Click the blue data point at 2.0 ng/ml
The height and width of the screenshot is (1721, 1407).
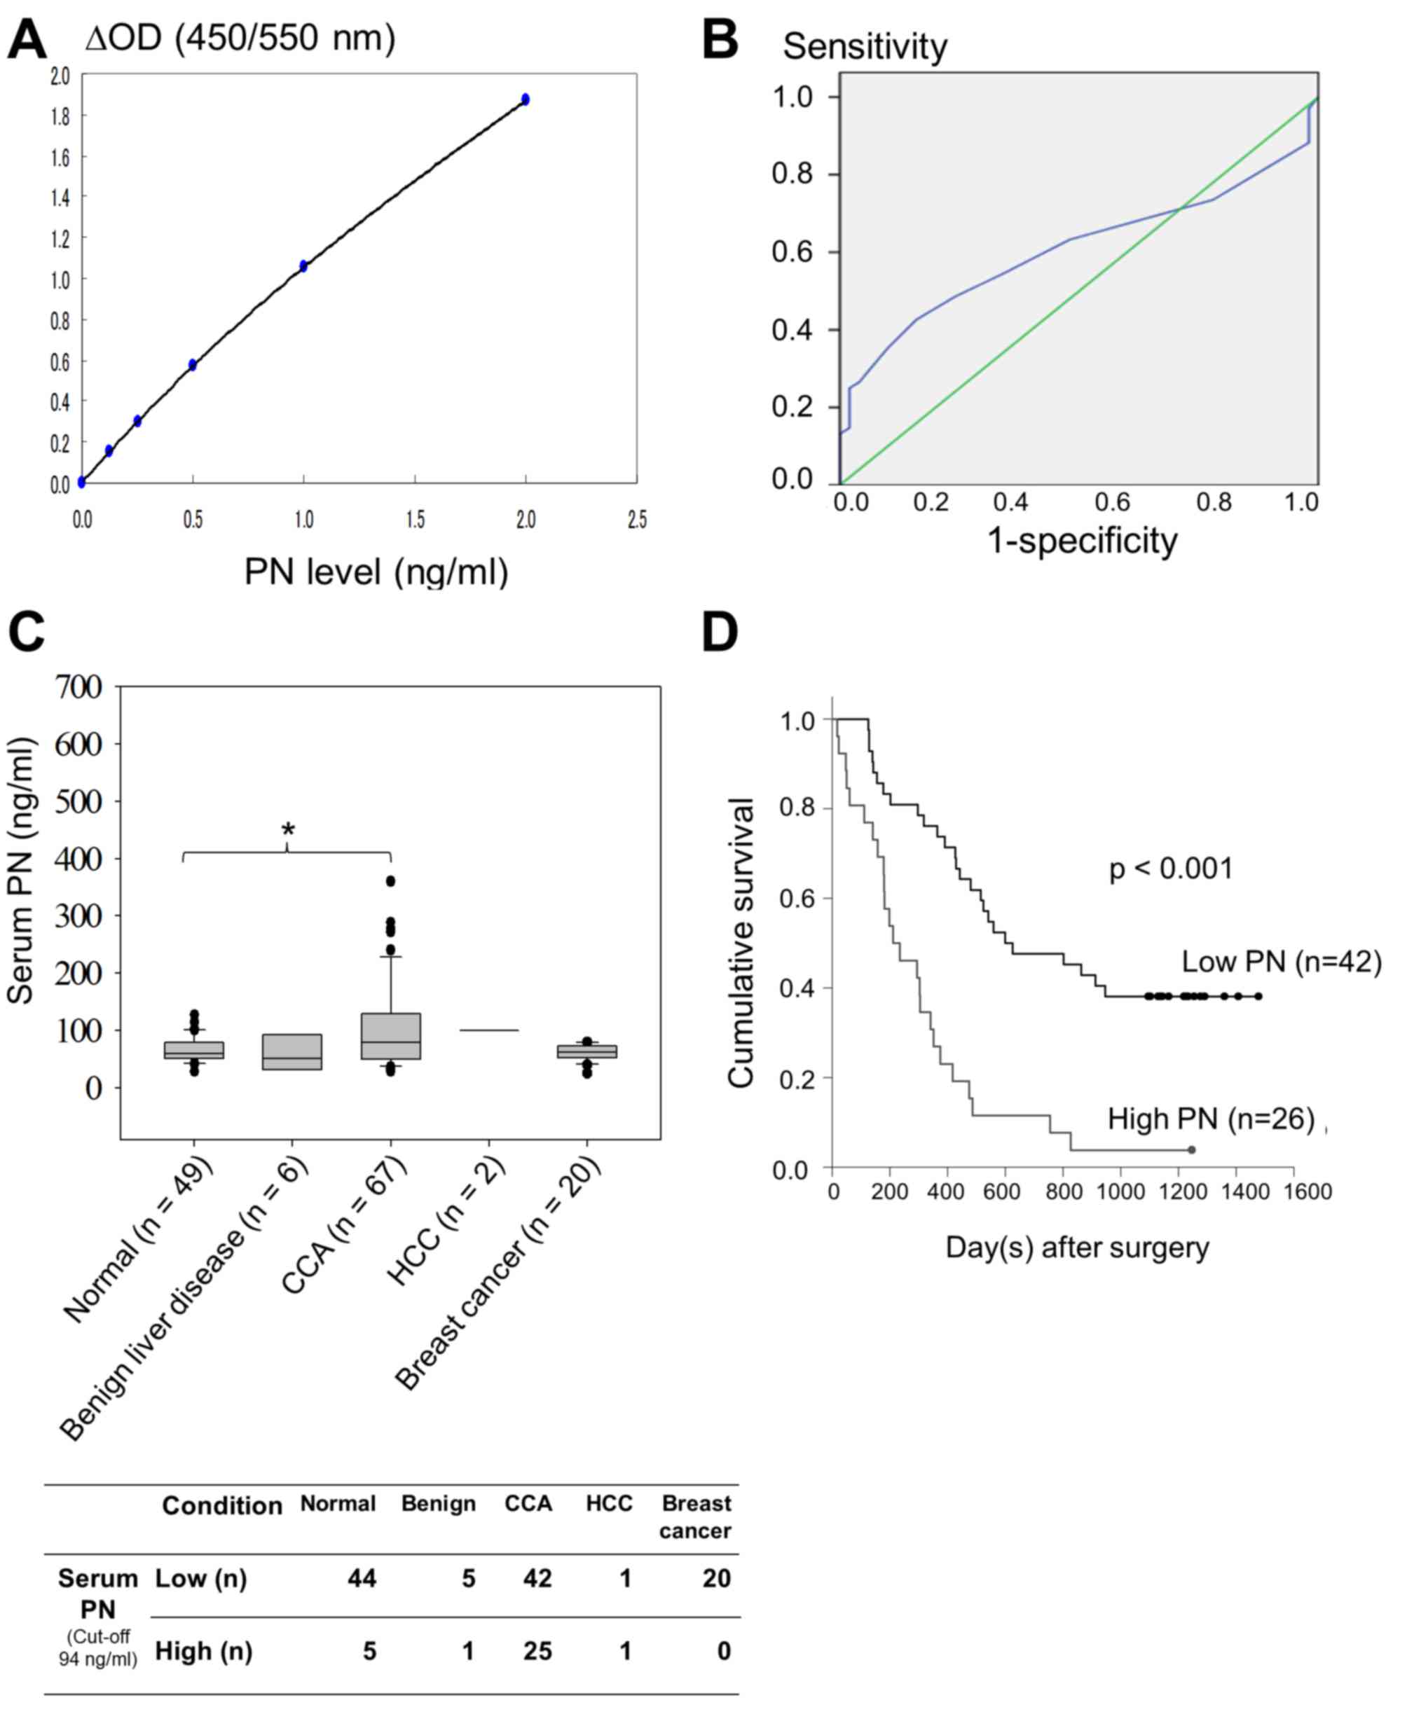point(526,99)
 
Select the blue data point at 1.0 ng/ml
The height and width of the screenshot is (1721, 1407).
point(303,265)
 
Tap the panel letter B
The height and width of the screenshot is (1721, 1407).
point(720,40)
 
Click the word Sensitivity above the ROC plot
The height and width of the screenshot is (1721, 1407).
point(864,47)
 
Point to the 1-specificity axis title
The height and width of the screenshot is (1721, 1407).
point(1082,541)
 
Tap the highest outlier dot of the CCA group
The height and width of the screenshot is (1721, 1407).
point(391,880)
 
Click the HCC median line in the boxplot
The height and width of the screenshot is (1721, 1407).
point(488,1030)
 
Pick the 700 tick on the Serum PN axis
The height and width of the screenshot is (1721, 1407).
point(78,687)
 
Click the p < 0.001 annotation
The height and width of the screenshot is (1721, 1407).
point(1170,869)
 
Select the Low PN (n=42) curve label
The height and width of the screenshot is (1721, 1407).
point(1281,962)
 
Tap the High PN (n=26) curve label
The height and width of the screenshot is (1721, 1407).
point(1211,1119)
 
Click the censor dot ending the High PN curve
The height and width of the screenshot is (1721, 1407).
point(1191,1149)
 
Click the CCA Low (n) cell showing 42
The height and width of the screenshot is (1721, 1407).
point(537,1578)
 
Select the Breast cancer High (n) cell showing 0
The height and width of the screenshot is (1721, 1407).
point(724,1652)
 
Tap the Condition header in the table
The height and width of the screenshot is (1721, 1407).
point(222,1505)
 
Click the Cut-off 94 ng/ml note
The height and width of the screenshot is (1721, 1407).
point(98,1648)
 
